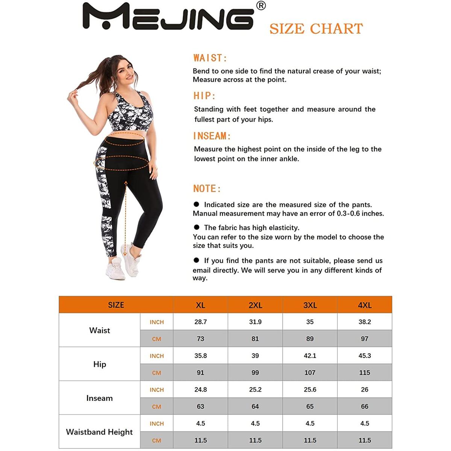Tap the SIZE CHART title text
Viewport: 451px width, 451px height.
coord(316,29)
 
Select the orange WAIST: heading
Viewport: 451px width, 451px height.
coord(210,58)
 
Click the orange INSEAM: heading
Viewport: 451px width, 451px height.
coord(212,136)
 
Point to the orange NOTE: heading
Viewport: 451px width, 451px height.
coord(207,189)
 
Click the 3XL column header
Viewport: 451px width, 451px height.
coord(310,305)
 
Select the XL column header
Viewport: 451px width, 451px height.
coord(200,305)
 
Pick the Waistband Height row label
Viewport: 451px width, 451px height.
coord(99,432)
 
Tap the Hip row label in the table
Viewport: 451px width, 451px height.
coord(100,364)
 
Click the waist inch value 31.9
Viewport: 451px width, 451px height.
coord(255,322)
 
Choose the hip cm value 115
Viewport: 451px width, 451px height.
coord(365,373)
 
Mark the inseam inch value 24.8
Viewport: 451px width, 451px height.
coord(200,390)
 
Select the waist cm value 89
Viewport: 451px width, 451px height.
coord(310,339)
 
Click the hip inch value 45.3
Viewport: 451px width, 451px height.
coord(365,356)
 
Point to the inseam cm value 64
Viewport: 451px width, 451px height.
coord(255,407)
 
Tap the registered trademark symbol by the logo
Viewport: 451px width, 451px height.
coord(261,6)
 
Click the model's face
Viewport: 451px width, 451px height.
coord(127,71)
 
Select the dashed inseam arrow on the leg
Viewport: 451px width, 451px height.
coord(126,218)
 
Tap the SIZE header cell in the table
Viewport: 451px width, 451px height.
coord(116,305)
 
